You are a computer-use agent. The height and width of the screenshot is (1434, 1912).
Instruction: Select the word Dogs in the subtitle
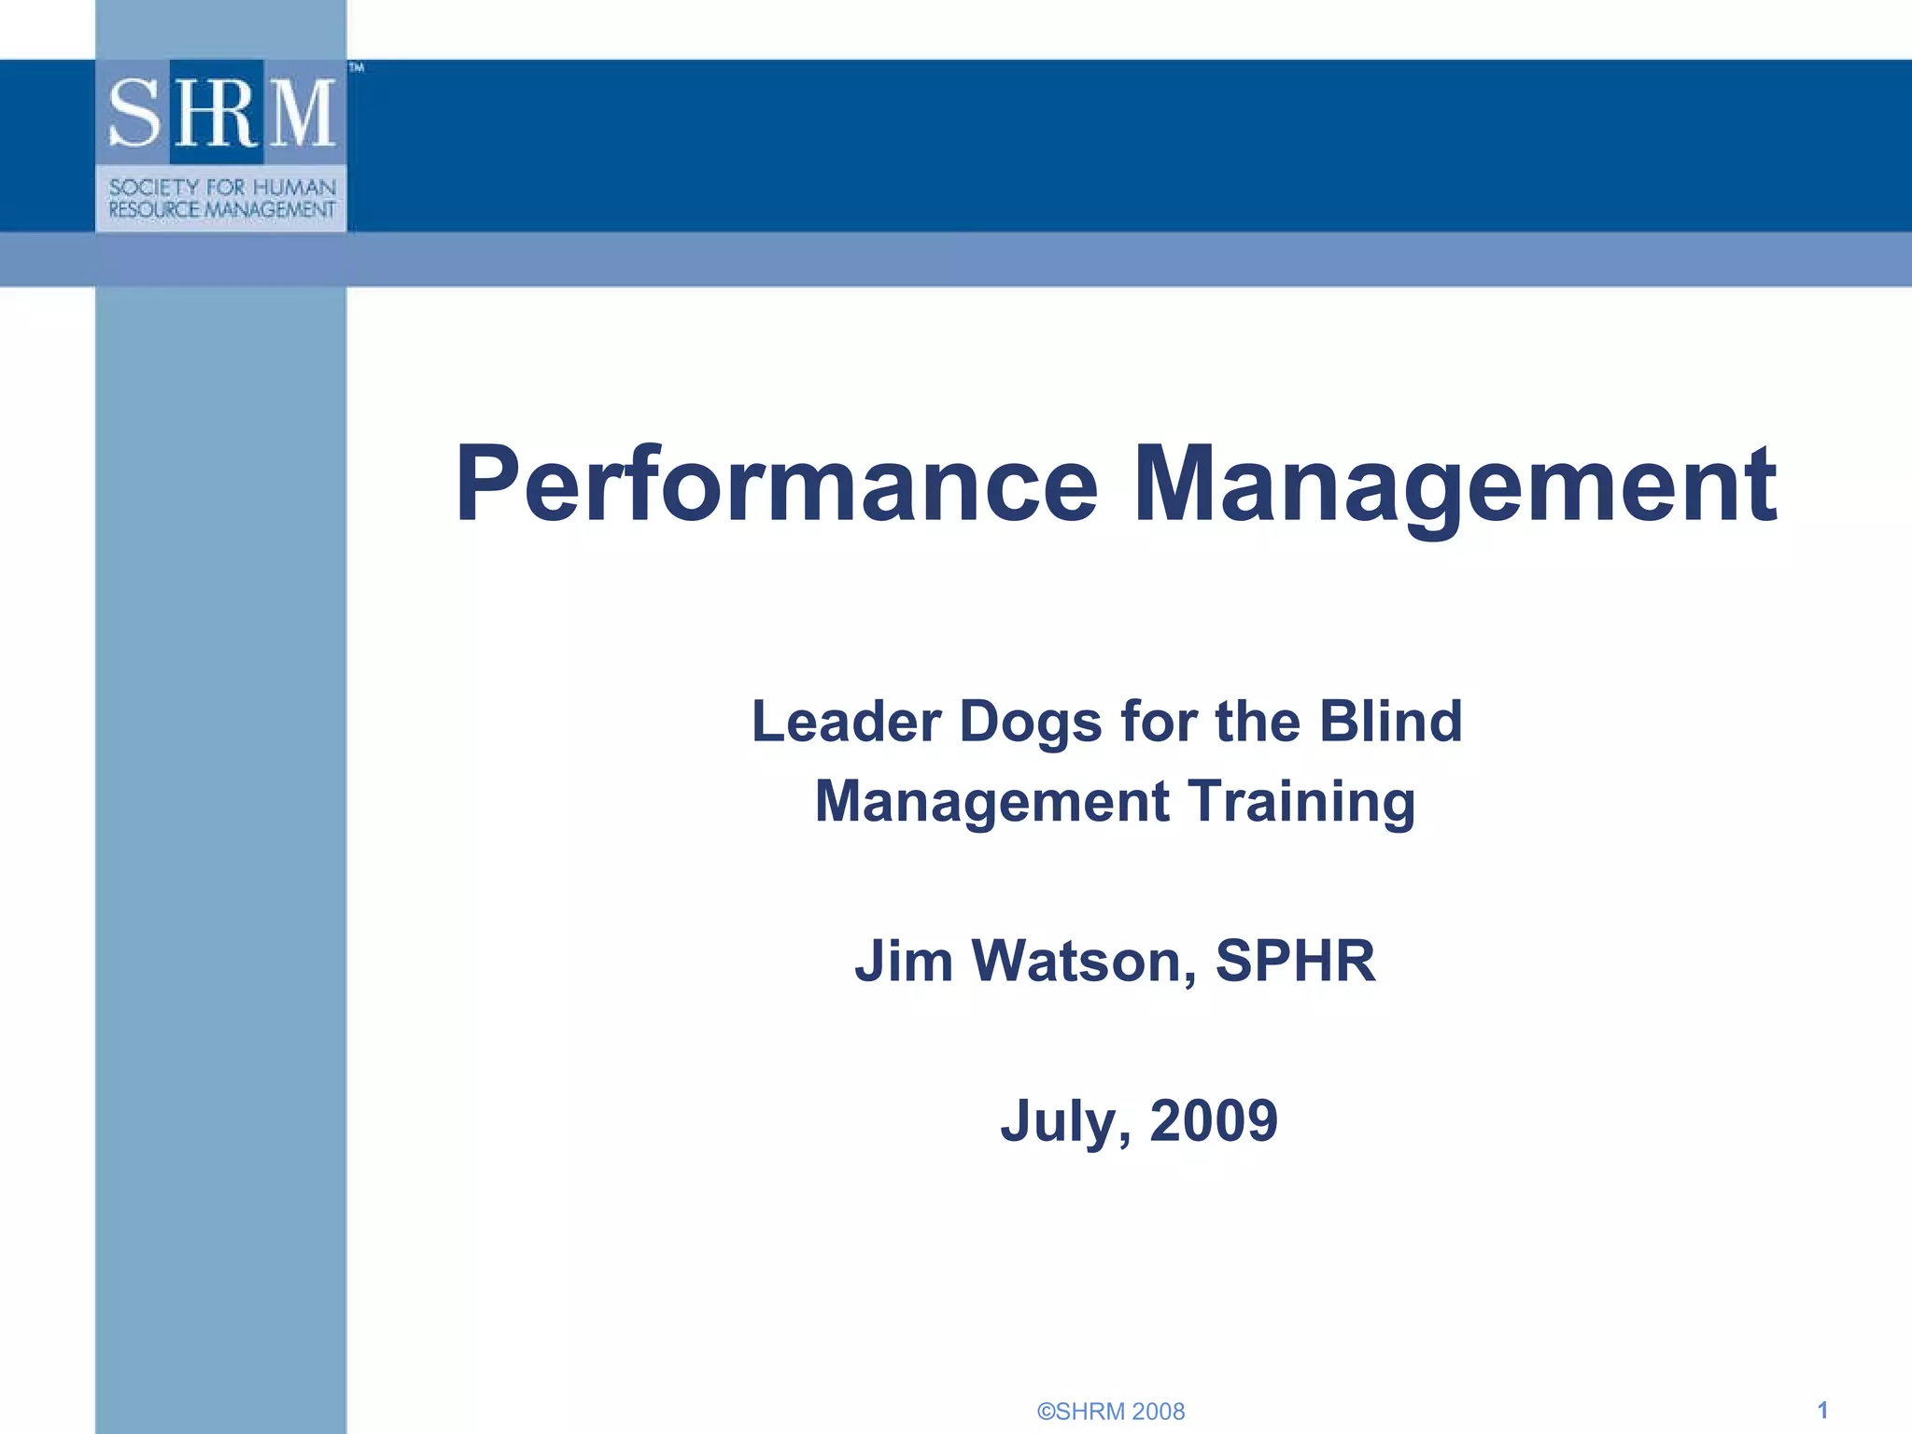click(x=1031, y=722)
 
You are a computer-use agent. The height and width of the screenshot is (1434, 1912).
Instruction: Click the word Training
click(x=1301, y=802)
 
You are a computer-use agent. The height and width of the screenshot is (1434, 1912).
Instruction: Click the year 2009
click(x=1214, y=1120)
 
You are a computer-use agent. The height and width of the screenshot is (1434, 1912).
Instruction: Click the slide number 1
click(x=1822, y=1410)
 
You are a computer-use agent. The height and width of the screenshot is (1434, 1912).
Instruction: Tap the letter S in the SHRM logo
click(x=136, y=113)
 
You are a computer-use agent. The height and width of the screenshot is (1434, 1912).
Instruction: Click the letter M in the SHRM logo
click(x=302, y=113)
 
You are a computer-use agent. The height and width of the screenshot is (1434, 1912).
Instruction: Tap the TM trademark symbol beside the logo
click(x=356, y=67)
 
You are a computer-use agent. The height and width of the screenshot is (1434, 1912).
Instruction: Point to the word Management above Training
click(x=991, y=802)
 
